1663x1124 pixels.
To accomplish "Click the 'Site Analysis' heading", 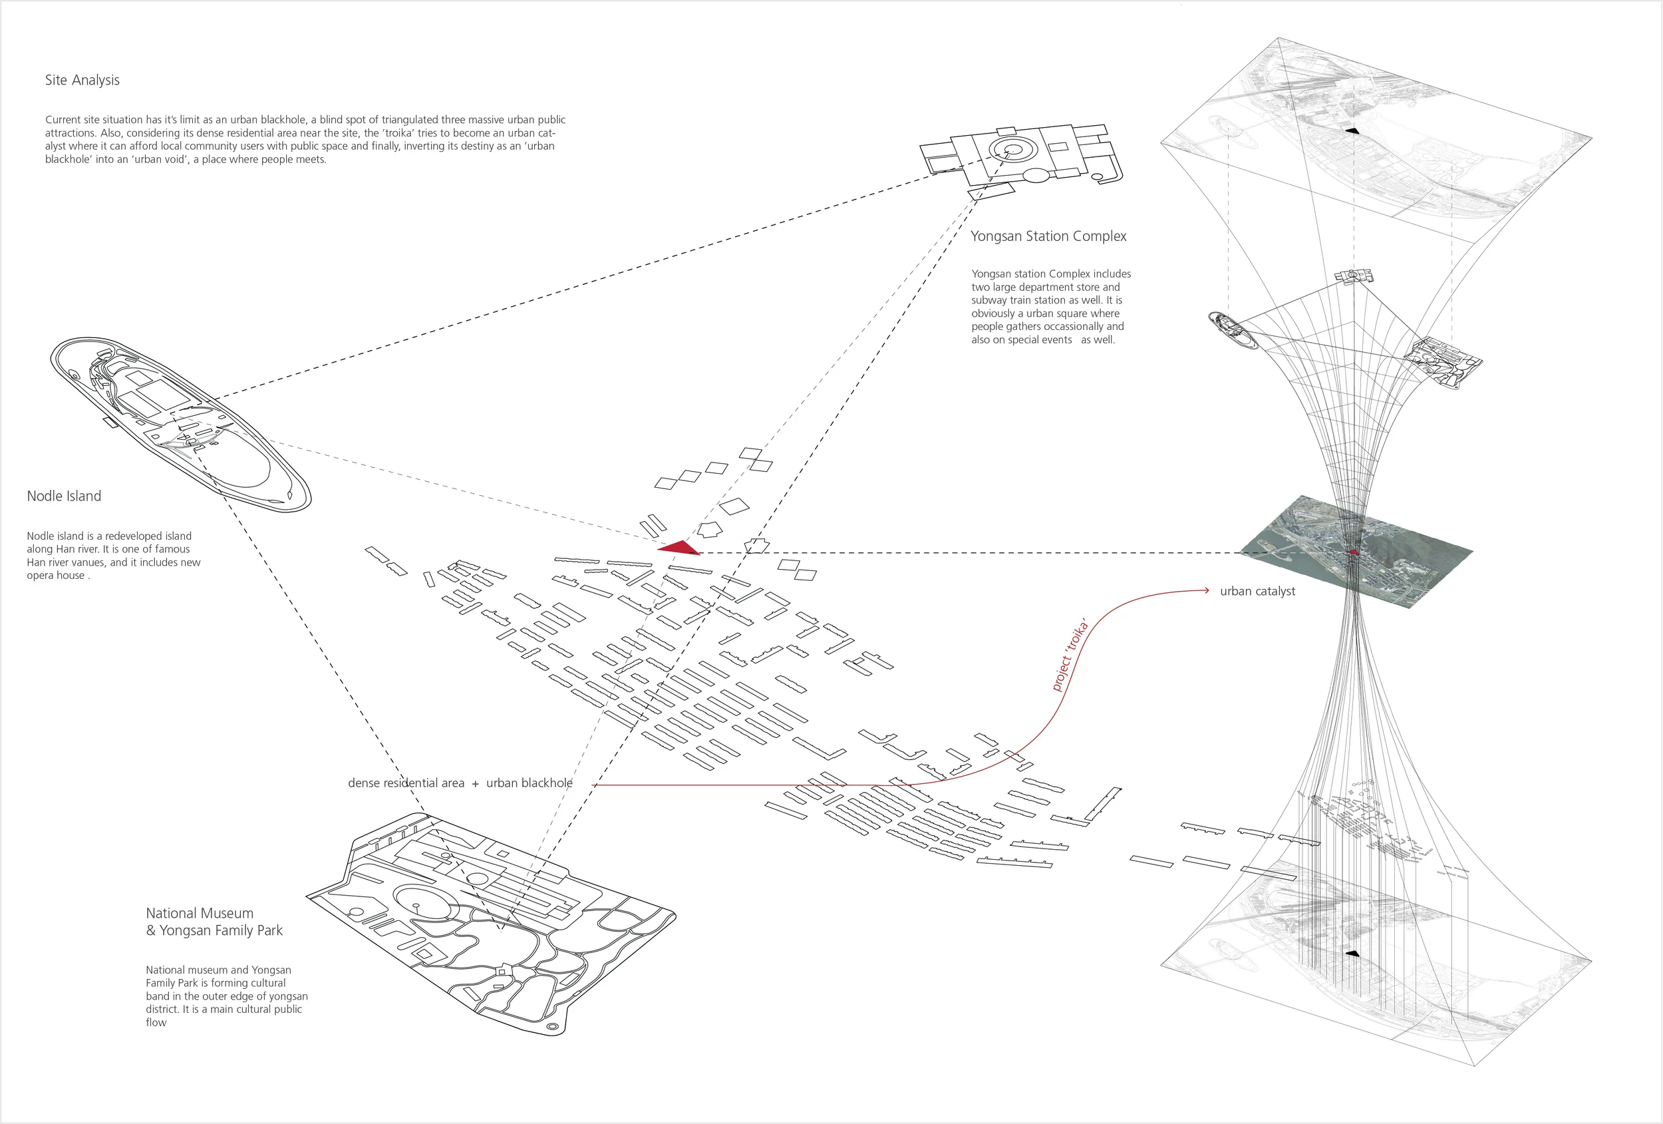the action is (x=82, y=80).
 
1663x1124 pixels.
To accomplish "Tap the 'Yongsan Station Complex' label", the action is (x=1048, y=236).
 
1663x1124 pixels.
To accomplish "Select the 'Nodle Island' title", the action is (x=64, y=496).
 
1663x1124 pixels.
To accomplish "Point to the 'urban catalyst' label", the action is (x=1257, y=592).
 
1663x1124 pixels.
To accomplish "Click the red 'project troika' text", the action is (x=1070, y=654).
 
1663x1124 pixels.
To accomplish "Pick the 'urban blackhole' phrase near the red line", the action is (x=529, y=783).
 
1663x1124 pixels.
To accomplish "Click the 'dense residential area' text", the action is (x=406, y=783).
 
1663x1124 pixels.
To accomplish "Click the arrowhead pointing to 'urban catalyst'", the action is (x=1206, y=591).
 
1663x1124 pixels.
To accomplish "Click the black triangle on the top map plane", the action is (x=1352, y=130).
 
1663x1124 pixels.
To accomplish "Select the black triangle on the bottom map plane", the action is (x=1352, y=954).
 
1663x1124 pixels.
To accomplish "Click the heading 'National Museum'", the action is (x=200, y=914).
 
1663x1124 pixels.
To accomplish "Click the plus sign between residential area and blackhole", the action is (x=475, y=784).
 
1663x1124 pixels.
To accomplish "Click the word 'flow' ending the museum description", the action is (x=156, y=1022).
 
